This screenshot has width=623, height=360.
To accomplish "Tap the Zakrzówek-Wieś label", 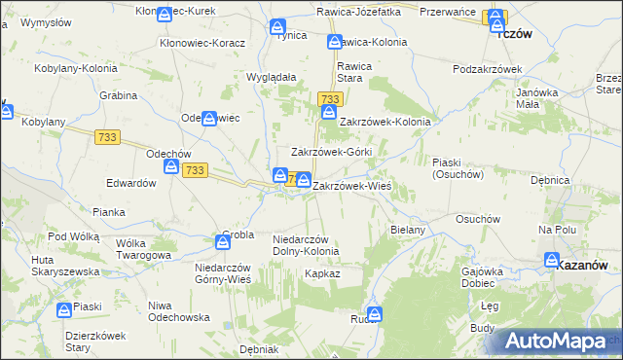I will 351,185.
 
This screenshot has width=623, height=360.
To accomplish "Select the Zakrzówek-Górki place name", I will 332,153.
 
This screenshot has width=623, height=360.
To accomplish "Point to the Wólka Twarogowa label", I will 143,249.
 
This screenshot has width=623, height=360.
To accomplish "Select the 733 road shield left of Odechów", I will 108,138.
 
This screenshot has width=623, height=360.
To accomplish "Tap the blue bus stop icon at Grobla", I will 222,241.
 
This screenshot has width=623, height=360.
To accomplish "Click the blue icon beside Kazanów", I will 552,261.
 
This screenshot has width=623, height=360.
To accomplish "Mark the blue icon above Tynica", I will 278,26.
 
